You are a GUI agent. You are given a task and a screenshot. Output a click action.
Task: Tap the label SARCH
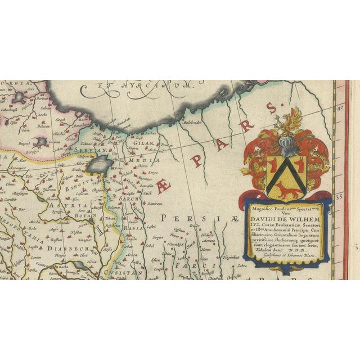pos(130,199)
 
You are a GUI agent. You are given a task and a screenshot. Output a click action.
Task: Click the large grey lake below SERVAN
pos(101,165)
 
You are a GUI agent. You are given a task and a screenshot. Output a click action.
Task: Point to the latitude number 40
pos(339,105)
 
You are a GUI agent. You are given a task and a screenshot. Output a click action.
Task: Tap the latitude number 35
pos(339,197)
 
